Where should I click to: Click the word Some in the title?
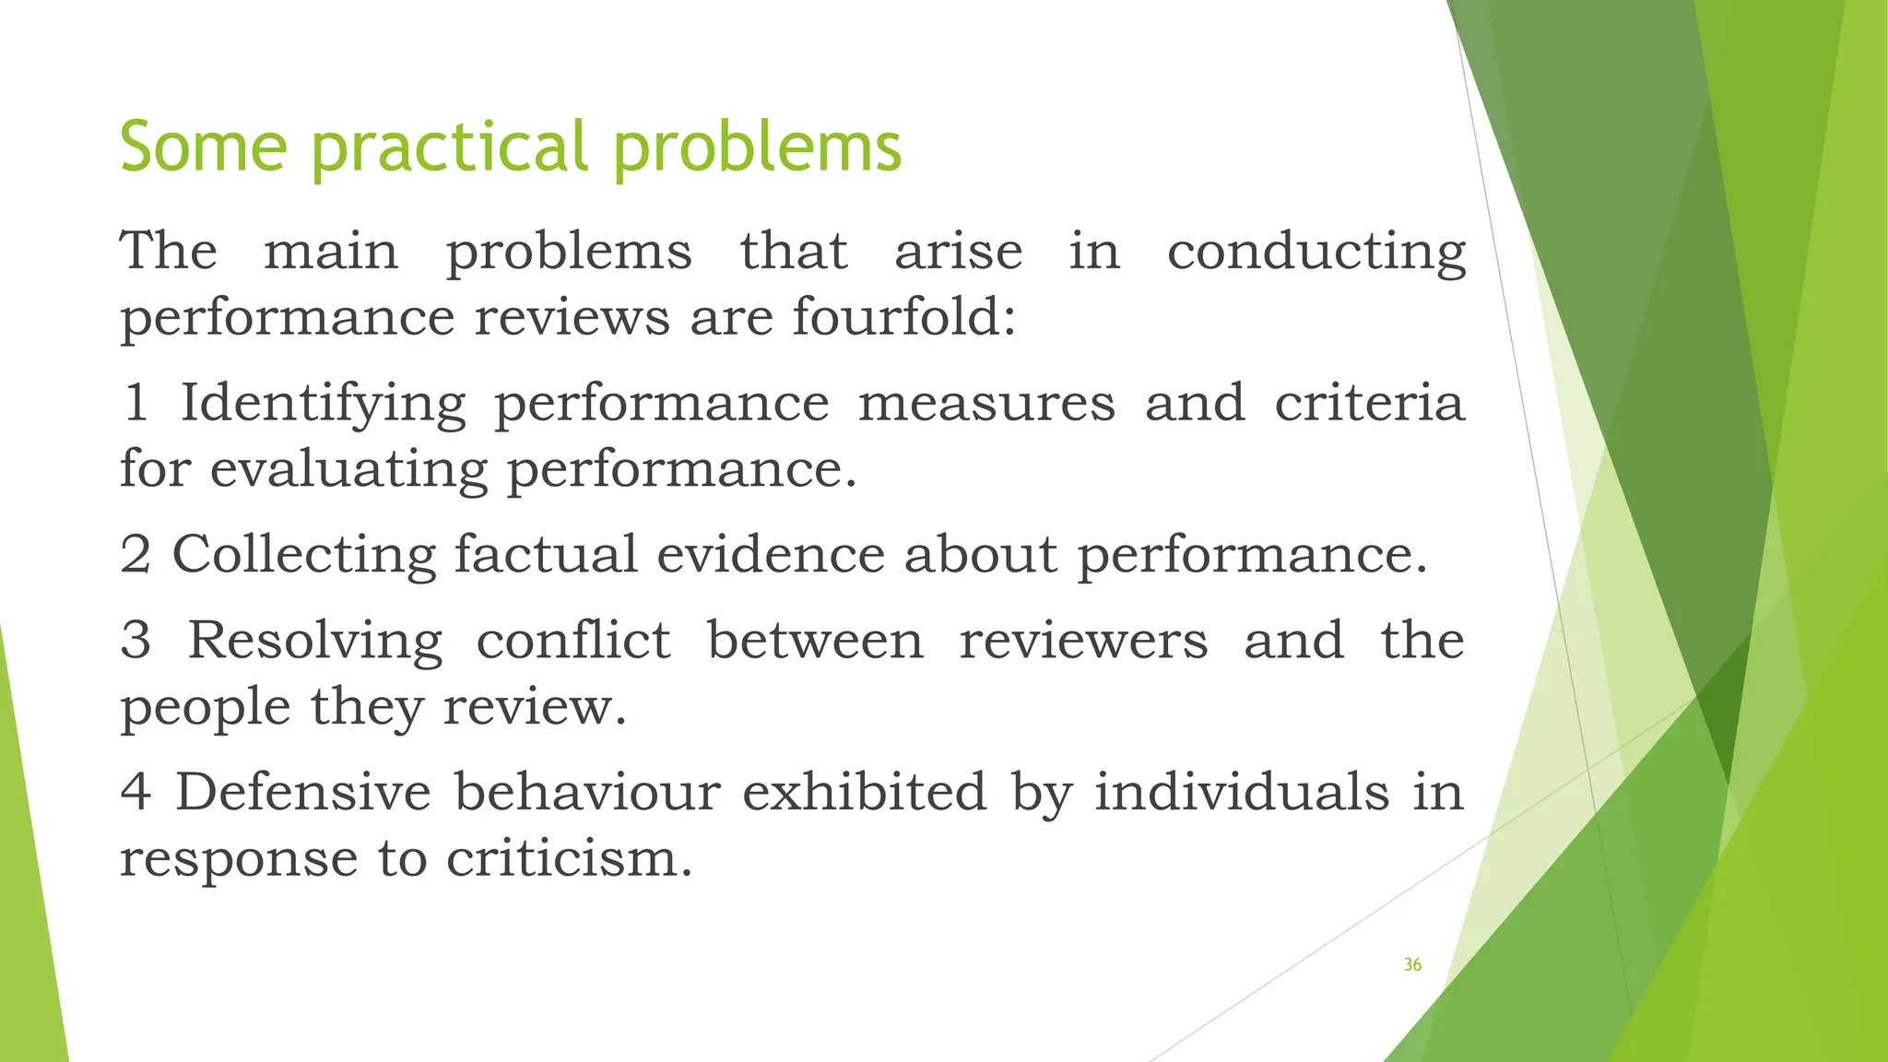(203, 147)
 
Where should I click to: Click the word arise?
(958, 252)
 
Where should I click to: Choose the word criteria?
(1369, 403)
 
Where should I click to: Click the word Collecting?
(304, 556)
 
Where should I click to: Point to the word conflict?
(572, 641)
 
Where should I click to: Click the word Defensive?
(302, 792)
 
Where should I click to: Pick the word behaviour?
(587, 792)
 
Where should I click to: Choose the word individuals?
(1241, 792)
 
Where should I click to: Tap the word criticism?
(569, 859)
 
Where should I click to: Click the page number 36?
(1412, 965)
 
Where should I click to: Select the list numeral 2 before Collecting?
(136, 556)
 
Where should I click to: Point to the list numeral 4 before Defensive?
(136, 793)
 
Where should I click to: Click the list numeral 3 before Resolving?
(136, 642)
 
